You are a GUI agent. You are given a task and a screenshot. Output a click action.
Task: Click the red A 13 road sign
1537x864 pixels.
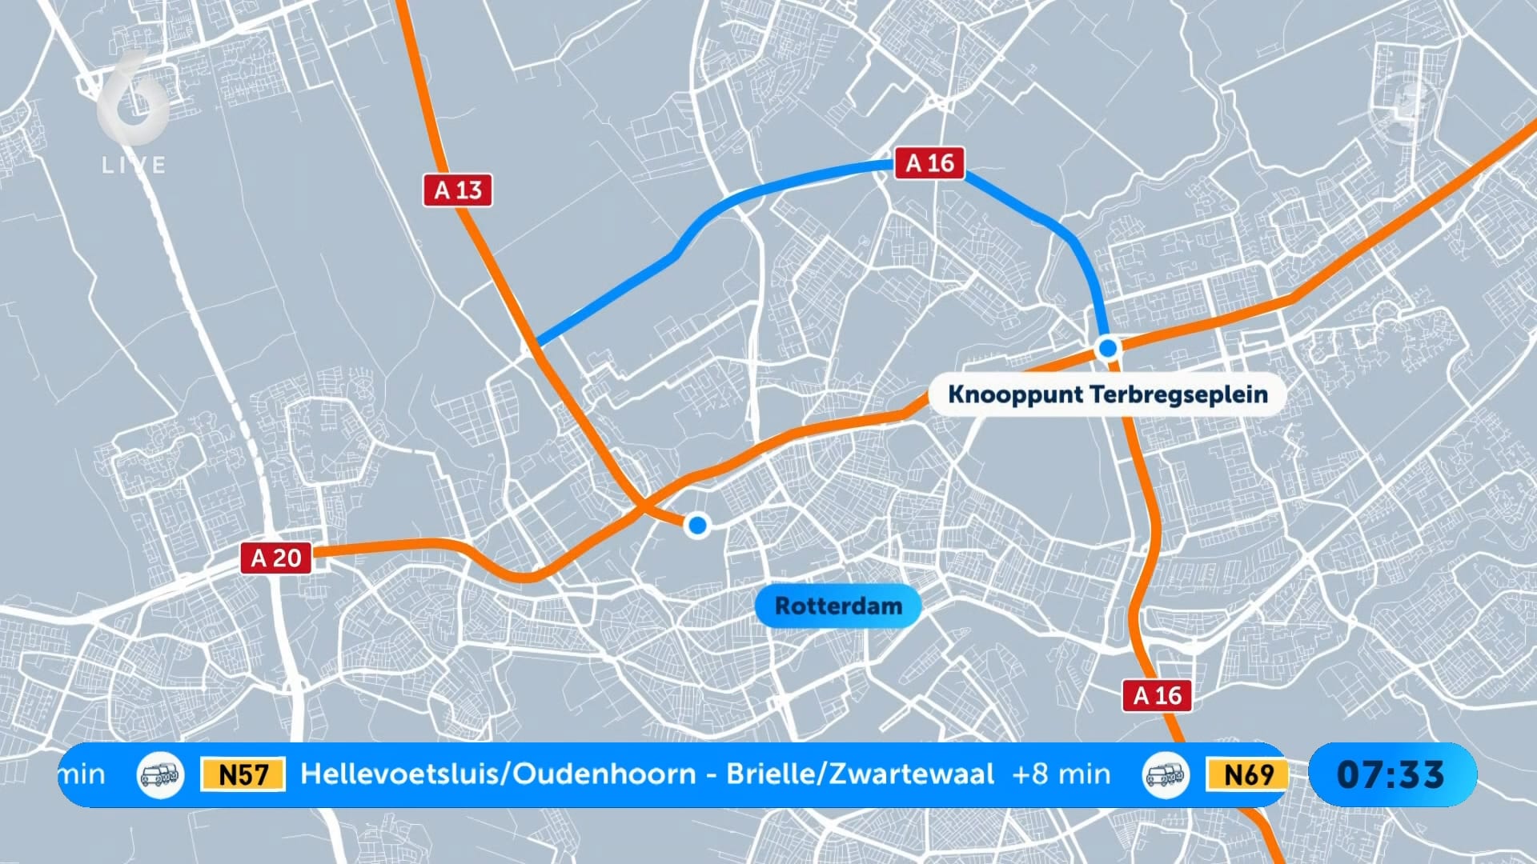457,190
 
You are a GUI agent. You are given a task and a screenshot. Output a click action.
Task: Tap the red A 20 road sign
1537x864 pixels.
276,558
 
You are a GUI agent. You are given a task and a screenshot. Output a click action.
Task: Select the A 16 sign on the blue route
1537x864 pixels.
929,163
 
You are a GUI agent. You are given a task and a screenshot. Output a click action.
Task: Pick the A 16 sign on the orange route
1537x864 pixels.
1157,695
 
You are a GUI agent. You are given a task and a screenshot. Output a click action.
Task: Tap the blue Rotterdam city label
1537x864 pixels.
838,606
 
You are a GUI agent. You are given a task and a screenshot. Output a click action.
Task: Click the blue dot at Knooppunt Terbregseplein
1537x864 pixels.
1108,348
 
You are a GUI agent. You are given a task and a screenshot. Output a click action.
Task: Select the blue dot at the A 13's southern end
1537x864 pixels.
697,525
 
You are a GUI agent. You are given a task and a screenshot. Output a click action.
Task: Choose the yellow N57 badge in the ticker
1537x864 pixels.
243,774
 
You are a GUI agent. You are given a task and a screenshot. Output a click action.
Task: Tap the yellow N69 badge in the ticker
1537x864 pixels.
1247,774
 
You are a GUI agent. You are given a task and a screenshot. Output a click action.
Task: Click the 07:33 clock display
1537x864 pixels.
1391,774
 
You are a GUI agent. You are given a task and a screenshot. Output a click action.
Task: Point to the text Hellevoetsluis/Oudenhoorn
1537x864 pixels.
498,774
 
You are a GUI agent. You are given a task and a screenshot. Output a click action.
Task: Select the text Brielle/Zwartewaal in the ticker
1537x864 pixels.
860,774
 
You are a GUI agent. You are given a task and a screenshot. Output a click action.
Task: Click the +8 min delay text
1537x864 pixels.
1061,774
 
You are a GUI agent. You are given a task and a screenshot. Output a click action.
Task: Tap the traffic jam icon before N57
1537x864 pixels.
160,774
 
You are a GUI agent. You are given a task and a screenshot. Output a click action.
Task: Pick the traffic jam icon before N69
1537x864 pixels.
1165,774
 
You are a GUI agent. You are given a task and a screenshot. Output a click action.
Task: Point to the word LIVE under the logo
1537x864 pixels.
134,166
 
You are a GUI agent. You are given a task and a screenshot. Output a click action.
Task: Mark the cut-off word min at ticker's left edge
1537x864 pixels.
82,774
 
